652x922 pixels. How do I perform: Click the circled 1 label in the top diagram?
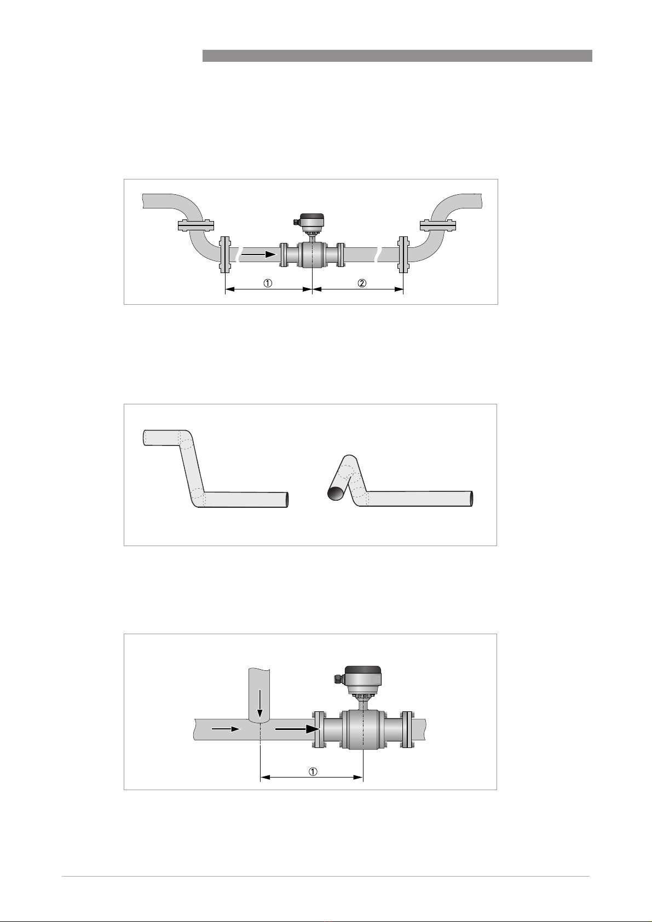(x=268, y=283)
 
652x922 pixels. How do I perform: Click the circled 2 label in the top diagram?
(x=362, y=283)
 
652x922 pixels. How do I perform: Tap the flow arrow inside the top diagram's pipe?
(x=258, y=254)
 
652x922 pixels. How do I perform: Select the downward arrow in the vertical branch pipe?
(x=260, y=705)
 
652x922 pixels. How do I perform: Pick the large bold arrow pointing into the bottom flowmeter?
(x=297, y=729)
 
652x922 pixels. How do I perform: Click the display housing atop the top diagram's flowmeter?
(x=311, y=222)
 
